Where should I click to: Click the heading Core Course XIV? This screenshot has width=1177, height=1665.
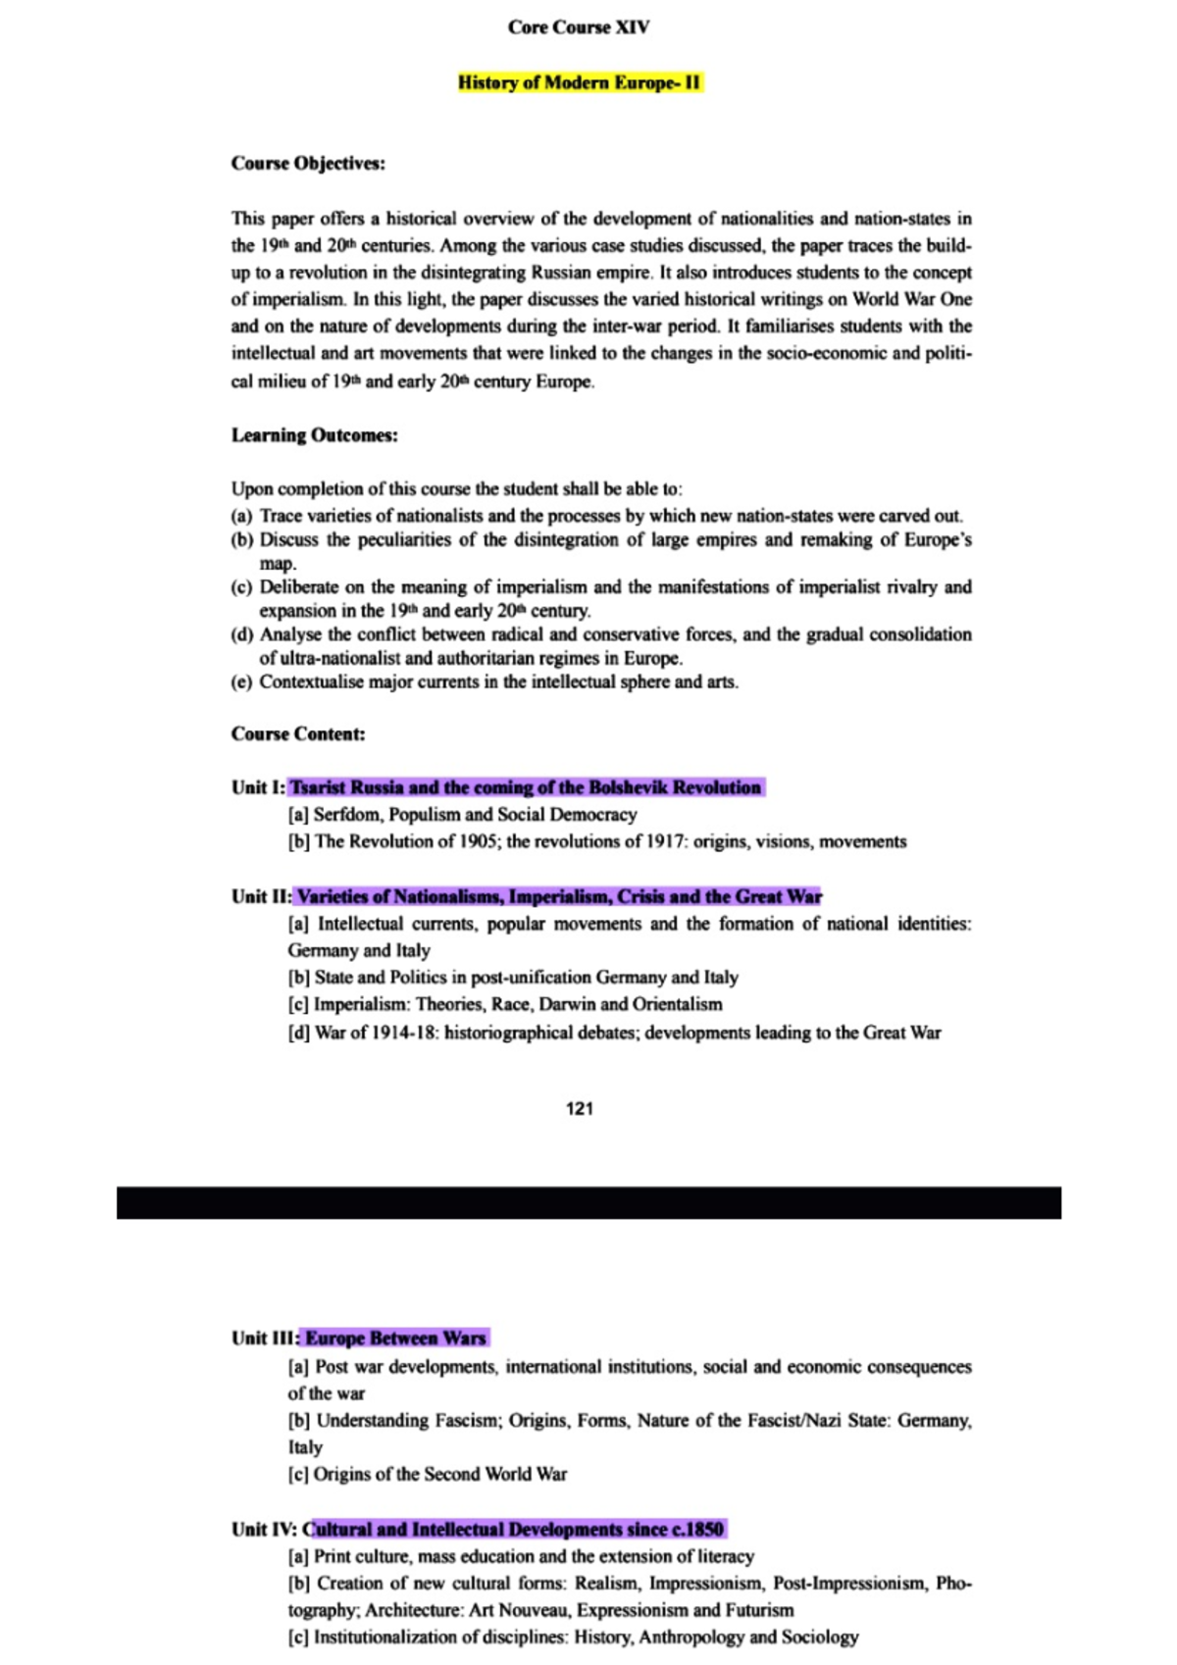click(578, 27)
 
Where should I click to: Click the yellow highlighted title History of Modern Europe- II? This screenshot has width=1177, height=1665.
click(580, 82)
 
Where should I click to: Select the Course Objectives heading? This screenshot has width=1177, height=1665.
click(308, 164)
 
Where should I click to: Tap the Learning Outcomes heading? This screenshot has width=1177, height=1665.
click(314, 435)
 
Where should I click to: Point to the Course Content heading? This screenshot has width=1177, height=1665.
click(298, 734)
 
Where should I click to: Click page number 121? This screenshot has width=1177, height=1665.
click(580, 1109)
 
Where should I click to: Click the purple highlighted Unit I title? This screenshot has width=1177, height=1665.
click(526, 787)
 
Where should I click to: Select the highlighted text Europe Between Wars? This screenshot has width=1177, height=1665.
click(395, 1338)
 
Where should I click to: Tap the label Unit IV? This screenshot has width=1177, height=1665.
click(265, 1530)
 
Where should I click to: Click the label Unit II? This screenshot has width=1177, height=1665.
click(261, 896)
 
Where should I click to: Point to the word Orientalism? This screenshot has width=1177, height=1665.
click(677, 1005)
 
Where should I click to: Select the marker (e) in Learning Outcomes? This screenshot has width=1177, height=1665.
click(241, 682)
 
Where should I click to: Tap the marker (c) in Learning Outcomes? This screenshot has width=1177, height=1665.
click(241, 587)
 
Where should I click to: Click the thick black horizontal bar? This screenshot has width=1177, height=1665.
click(588, 1203)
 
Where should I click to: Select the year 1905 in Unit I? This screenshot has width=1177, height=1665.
click(477, 841)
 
